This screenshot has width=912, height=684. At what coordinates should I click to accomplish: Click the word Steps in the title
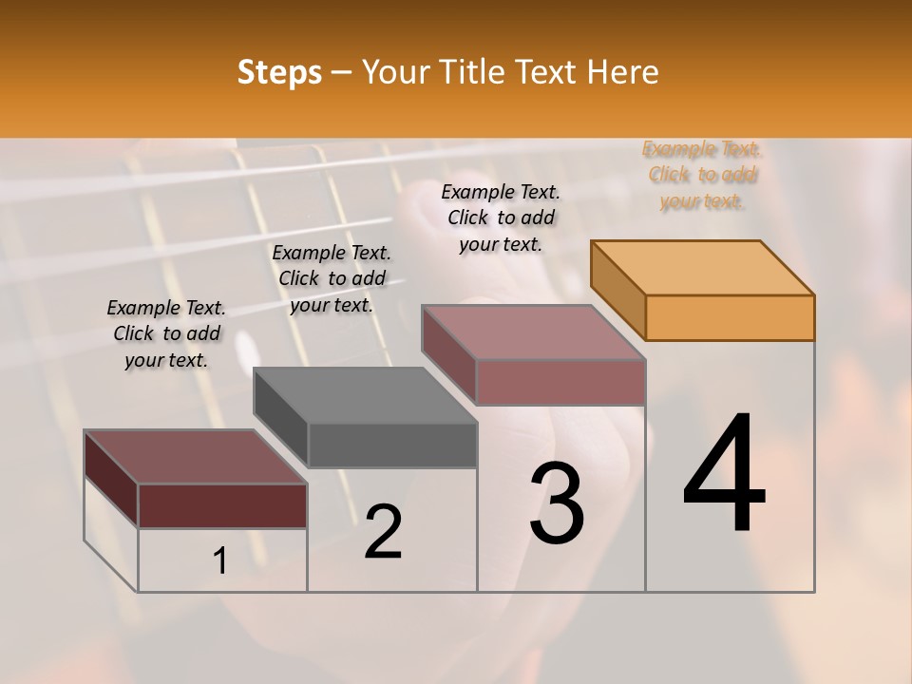pyautogui.click(x=279, y=73)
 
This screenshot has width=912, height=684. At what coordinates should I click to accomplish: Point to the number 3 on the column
pyautogui.click(x=557, y=503)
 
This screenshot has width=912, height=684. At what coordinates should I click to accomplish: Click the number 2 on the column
pyautogui.click(x=383, y=531)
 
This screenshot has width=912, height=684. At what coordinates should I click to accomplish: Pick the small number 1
pyautogui.click(x=219, y=561)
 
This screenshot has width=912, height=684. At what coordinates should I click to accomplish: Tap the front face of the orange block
pyautogui.click(x=730, y=317)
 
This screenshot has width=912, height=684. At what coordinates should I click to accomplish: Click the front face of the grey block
pyautogui.click(x=392, y=445)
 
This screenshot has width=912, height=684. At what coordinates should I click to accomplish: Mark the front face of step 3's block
pyautogui.click(x=560, y=382)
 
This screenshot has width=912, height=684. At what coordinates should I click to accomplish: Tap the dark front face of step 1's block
pyautogui.click(x=222, y=505)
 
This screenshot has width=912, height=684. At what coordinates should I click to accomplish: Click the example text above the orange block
pyautogui.click(x=701, y=175)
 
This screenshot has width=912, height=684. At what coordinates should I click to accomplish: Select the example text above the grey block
pyautogui.click(x=332, y=278)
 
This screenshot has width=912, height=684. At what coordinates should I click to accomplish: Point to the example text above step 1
pyautogui.click(x=166, y=333)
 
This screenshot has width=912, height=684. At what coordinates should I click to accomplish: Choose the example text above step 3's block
pyautogui.click(x=501, y=218)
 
